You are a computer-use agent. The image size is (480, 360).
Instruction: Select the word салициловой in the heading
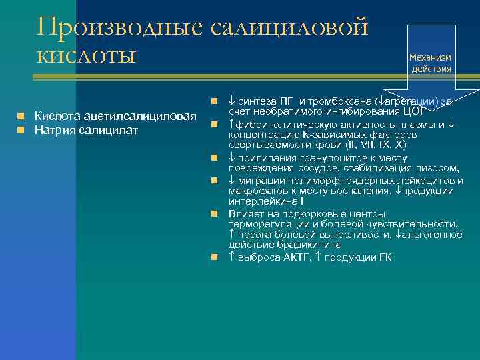point(289,27)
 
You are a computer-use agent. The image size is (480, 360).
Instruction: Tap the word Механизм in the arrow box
point(431,57)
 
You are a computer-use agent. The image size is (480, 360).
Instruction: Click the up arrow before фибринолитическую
point(231,124)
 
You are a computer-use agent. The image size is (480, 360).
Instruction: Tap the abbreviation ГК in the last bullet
point(385,257)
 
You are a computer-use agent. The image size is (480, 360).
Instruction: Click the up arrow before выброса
point(231,257)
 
